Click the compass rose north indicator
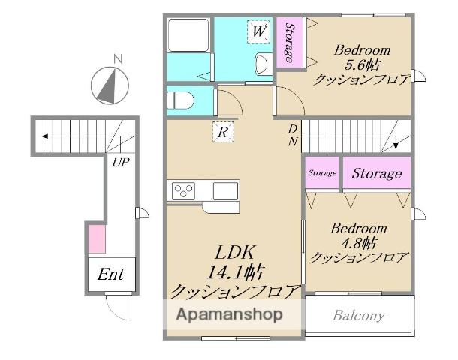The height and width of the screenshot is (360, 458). click(x=110, y=85)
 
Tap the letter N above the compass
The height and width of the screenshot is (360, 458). click(x=118, y=59)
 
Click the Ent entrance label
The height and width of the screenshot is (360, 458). click(x=110, y=274)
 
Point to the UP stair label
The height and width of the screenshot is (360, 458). click(x=121, y=162)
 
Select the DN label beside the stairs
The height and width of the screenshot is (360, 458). click(x=293, y=135)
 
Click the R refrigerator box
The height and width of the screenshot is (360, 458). click(x=223, y=132)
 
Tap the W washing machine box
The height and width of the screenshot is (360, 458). click(x=259, y=31)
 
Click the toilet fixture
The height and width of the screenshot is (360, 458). click(x=180, y=100)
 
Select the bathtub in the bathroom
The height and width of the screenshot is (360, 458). click(x=188, y=35)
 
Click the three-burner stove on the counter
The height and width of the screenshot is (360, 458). click(x=183, y=191)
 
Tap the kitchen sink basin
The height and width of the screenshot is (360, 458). click(x=225, y=191)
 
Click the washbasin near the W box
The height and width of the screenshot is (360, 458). click(x=264, y=64)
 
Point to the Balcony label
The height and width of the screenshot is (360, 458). click(x=359, y=316)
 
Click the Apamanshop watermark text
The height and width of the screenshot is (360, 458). click(x=230, y=314)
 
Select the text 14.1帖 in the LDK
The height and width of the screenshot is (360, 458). click(x=237, y=272)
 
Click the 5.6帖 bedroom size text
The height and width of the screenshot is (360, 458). click(x=362, y=64)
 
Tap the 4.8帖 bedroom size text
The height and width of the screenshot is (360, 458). click(x=359, y=242)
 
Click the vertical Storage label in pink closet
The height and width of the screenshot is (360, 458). click(x=290, y=43)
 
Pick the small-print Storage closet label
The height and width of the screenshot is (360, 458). click(x=322, y=173)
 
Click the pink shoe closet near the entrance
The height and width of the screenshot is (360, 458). click(x=97, y=238)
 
